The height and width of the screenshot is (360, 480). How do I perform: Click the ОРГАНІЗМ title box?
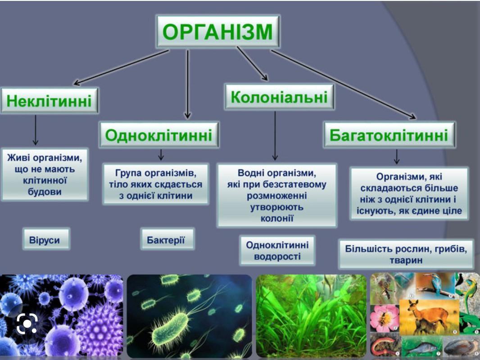coord(217,31)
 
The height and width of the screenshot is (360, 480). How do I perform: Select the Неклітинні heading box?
coord(49,101)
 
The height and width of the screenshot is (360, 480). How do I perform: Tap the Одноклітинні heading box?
coord(158,135)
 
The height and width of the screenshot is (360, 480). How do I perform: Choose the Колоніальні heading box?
coord(279,97)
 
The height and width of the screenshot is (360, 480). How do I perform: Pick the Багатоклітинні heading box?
coord(389,135)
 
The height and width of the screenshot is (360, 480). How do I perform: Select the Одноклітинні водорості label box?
coord(277,250)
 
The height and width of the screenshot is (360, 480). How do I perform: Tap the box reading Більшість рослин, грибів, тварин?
coord(406,254)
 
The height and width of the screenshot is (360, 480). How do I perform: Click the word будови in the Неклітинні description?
coord(45,192)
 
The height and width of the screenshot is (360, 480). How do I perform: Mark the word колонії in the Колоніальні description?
coord(277,218)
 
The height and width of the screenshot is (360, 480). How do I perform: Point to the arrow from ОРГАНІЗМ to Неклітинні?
coord(121,67)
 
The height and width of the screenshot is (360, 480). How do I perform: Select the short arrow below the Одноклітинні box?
coord(161,155)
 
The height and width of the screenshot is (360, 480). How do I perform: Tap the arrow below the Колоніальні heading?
coord(275,136)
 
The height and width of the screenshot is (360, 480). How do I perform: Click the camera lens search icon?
coord(27,323)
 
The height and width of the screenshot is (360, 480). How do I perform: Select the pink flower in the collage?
coord(384,317)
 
